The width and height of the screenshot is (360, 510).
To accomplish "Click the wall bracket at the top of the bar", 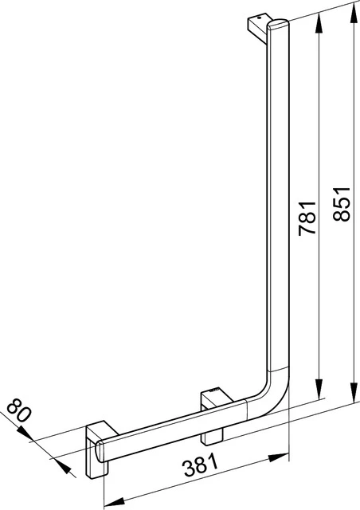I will (x=260, y=27).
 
